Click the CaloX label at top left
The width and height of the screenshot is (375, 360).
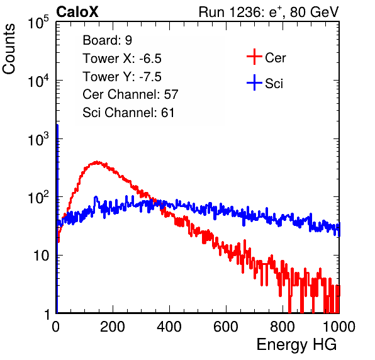pos(77,12)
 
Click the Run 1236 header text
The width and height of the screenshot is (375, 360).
pos(269,12)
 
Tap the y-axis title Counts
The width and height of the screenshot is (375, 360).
pos(9,49)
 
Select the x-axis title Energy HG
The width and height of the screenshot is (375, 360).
pos(296,345)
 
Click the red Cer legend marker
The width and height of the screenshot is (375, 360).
pos(254,57)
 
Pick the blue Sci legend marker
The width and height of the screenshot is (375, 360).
pos(254,82)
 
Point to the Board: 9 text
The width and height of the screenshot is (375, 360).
pos(108,40)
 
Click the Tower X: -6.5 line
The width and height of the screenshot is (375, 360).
pos(122,59)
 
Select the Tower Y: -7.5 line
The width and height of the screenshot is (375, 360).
pos(122,77)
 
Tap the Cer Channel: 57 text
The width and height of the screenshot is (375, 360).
pos(130,94)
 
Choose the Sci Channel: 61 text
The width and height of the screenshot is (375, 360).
pos(128,113)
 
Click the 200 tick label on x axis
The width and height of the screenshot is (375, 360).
pos(113,327)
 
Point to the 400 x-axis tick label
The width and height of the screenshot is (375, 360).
pos(169,327)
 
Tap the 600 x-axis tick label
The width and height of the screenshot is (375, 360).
pos(226,327)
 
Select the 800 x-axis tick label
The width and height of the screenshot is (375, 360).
pos(283,327)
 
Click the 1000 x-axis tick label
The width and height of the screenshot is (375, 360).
pos(339,327)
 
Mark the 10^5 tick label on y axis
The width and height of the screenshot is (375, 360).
pos(38,22)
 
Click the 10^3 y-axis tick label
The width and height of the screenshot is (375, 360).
pos(38,139)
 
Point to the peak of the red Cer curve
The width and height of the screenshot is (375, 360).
pos(97,162)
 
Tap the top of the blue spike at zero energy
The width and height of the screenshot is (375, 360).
pos(57,125)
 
